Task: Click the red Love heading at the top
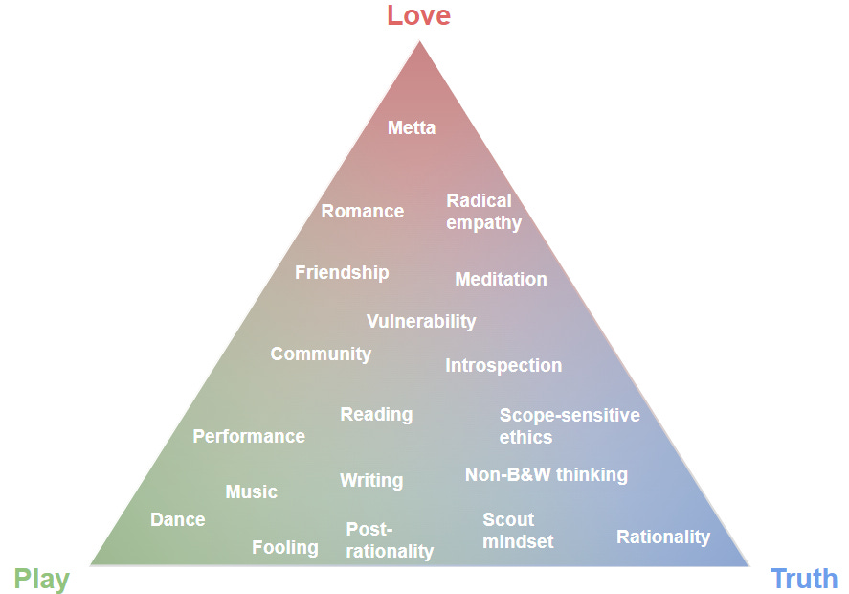pos(418,15)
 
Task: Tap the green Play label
pos(41,579)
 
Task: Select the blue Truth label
pos(804,579)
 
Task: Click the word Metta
pos(412,127)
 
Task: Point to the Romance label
pos(362,211)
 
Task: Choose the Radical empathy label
pos(483,212)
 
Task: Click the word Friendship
pos(342,272)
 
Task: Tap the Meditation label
pos(501,279)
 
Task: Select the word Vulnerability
pos(420,321)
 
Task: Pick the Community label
pos(321,354)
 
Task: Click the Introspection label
pos(503,365)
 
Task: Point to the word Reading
pos(376,414)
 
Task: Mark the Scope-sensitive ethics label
pos(570,425)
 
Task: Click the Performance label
pos(249,436)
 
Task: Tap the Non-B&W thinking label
pos(546,474)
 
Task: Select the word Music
pos(251,491)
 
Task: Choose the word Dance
pos(177,519)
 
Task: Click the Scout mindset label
pos(518,530)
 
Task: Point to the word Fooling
pos(284,547)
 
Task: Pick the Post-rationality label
pos(389,540)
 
